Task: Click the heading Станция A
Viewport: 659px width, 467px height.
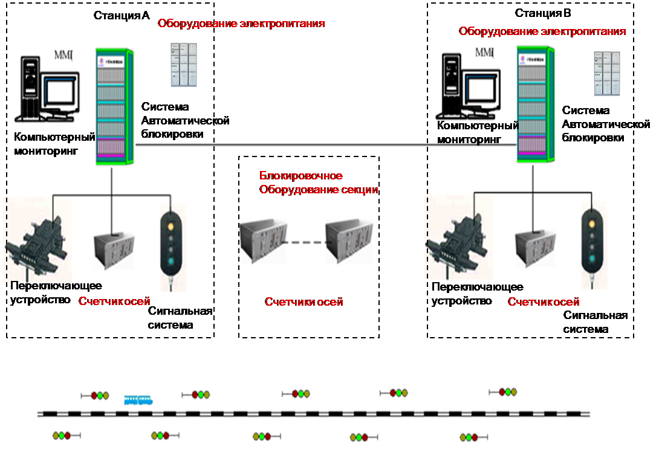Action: coord(122,15)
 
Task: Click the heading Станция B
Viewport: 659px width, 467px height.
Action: coord(543,13)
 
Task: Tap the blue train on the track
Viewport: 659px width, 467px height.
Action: coord(138,400)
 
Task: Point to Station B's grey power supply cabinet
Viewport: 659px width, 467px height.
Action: coord(606,72)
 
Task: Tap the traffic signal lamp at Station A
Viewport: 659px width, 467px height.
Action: coord(170,242)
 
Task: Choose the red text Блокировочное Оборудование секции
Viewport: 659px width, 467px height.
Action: coord(319,182)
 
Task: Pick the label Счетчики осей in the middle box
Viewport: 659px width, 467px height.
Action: coord(304,301)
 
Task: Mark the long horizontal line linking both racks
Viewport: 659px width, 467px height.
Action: coord(326,145)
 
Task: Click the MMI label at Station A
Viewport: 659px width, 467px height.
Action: coord(63,56)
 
